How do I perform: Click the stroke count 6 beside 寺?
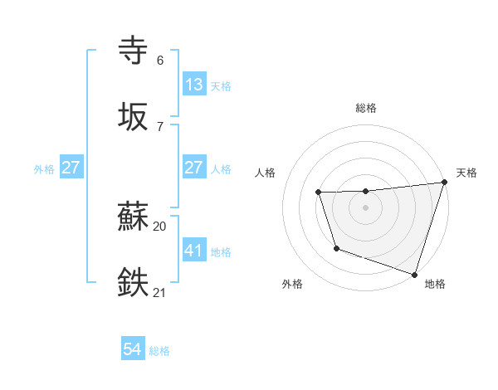[x=160, y=61]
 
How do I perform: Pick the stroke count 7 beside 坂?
[x=160, y=126]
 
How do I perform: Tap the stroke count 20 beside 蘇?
[x=160, y=226]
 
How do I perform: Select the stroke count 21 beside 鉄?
[x=160, y=292]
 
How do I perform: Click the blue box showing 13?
[x=193, y=85]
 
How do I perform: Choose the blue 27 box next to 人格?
[x=193, y=168]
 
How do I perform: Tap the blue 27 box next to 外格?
[x=71, y=168]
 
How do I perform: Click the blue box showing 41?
[x=193, y=250]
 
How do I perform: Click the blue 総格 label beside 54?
[x=159, y=351]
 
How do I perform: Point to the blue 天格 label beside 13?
[x=221, y=86]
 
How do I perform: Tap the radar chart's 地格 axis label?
[x=435, y=284]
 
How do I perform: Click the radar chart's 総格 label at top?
[x=366, y=108]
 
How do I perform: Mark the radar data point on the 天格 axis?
[x=444, y=183]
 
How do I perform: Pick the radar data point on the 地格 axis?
[x=414, y=273]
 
